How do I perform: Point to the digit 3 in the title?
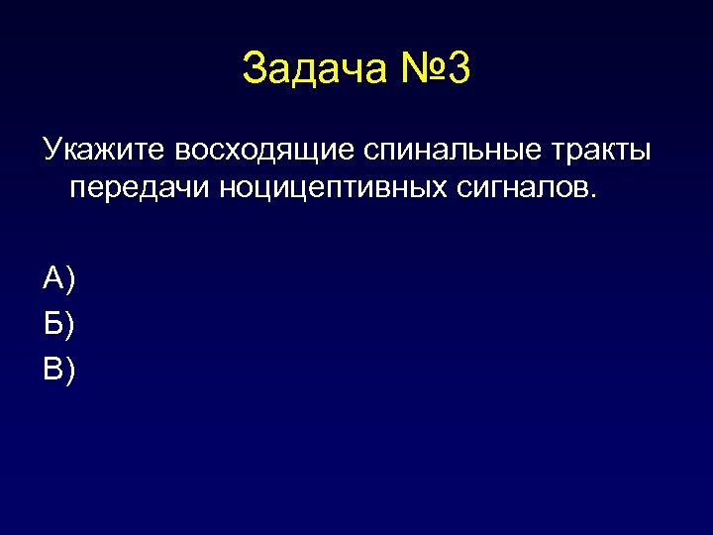458,69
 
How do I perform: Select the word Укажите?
105,151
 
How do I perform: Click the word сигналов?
523,188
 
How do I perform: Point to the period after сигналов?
595,195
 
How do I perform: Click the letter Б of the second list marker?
52,324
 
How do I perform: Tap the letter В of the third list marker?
52,369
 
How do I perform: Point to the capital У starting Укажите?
51,151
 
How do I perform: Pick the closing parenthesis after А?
69,281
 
